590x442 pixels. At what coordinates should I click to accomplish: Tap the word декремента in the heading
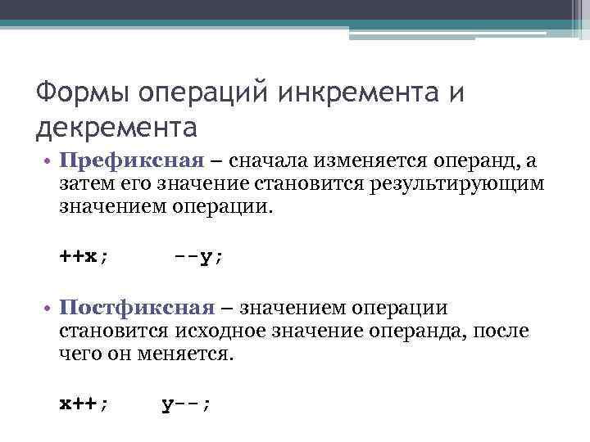116,128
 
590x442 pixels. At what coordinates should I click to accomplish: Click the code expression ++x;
84,255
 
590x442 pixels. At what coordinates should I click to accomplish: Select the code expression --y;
199,255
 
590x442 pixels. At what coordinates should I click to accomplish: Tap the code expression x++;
84,403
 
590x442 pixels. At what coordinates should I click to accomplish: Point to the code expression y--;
188,403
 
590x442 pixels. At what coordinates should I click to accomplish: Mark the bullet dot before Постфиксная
49,309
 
